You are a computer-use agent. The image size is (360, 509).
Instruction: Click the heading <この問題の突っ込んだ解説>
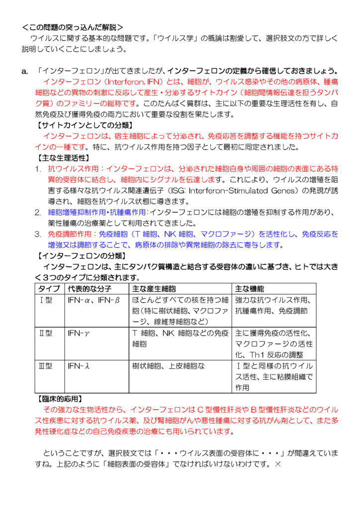tap(73, 27)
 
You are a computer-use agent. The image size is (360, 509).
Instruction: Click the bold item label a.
tap(25, 71)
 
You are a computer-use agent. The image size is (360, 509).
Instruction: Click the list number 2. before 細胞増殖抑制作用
tap(38, 212)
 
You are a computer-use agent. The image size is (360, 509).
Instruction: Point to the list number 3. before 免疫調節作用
tap(38, 234)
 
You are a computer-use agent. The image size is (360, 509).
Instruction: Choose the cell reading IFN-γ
tap(79, 333)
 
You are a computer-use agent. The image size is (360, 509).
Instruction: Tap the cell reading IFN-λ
tap(79, 366)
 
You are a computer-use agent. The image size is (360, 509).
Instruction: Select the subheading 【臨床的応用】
tap(60, 399)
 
